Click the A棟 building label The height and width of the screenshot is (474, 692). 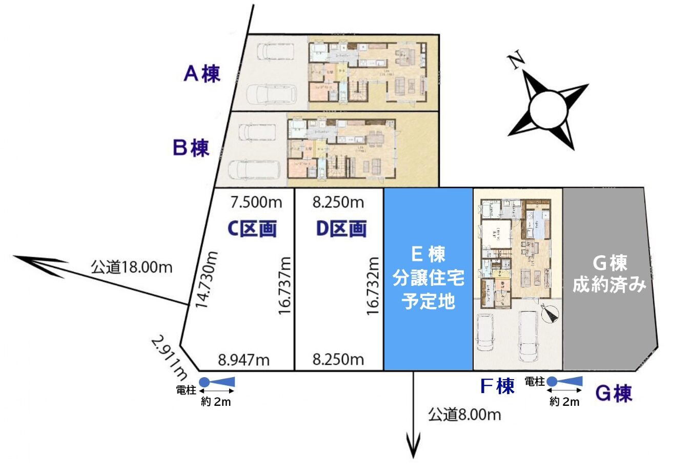202,73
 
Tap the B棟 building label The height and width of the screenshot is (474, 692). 191,148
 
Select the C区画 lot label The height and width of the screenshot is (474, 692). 252,229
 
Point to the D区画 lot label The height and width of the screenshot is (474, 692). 341,229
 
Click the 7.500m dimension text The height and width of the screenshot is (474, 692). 256,202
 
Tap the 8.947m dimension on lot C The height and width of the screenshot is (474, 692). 243,360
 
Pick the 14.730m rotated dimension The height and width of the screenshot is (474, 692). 206,279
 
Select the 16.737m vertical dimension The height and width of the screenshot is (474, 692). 284,285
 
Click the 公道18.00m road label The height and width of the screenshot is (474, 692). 132,267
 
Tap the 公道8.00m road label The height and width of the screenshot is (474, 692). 464,414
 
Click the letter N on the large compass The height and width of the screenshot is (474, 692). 516,60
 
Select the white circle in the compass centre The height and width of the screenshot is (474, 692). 548,109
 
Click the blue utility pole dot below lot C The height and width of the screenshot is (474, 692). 204,382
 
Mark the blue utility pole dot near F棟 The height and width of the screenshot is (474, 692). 552,381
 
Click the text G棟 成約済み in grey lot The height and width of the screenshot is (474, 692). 609,274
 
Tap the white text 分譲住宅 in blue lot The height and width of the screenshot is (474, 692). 429,278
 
